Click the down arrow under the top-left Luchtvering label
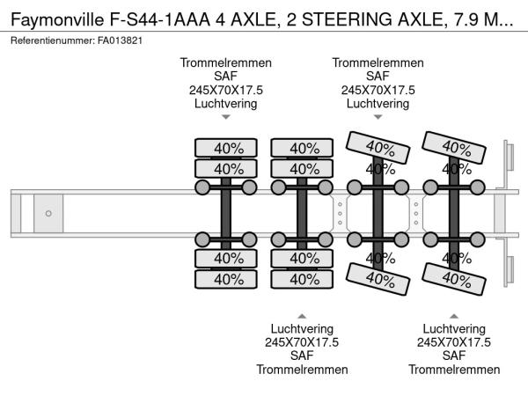click(226, 117)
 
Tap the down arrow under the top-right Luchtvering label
click(378, 117)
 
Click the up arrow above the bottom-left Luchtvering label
click(302, 315)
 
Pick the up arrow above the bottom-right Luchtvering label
click(453, 315)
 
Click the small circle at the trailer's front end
click(48, 213)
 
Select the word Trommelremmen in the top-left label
click(226, 63)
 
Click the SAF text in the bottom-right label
click(453, 356)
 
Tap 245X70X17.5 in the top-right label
click(378, 90)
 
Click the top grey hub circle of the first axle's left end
click(202, 187)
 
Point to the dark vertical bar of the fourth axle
click(454, 213)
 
